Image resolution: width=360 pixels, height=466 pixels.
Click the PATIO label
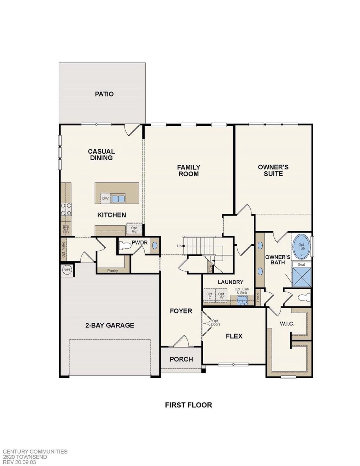[104, 94]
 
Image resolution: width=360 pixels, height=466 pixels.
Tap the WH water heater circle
[67, 270]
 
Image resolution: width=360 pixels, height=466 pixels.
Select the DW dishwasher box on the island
[105, 198]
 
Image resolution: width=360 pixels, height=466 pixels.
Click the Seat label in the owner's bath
[301, 265]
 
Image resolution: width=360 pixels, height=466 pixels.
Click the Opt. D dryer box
[210, 295]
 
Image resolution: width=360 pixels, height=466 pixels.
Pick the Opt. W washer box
[221, 295]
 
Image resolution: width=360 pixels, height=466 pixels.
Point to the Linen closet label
[258, 298]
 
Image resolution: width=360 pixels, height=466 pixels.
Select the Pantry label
[112, 271]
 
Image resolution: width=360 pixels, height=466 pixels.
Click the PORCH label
[181, 359]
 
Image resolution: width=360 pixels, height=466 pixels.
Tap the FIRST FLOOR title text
[188, 405]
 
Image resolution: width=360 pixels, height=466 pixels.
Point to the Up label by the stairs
[179, 246]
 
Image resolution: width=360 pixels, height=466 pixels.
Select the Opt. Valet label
[63, 250]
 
